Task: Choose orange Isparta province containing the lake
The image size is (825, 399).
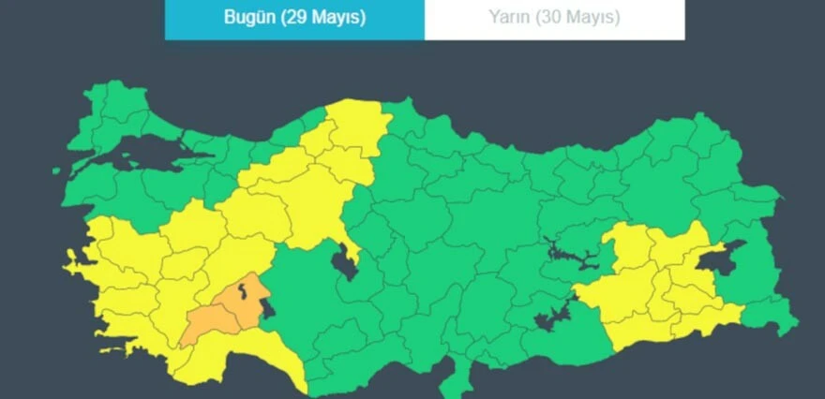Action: click(240, 304)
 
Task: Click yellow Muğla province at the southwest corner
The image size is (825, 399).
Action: click(131, 328)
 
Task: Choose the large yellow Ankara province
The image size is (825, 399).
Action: click(300, 197)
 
